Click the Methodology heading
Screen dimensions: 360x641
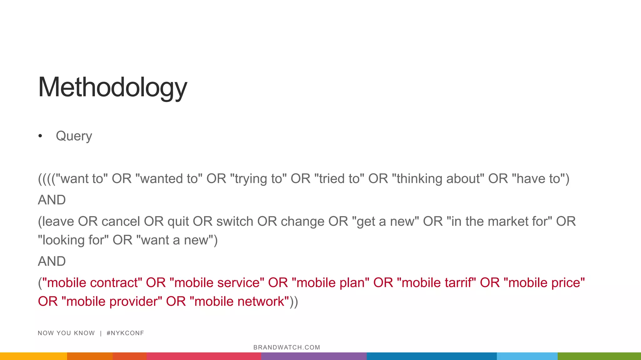coord(112,87)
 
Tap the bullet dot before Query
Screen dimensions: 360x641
coord(40,136)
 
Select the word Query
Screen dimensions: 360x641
coord(74,136)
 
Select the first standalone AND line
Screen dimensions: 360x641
coord(52,200)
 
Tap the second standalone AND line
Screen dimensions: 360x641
coord(52,261)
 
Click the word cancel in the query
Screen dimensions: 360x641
coord(121,221)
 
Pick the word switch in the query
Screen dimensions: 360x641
coord(235,221)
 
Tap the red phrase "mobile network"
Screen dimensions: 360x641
coord(239,302)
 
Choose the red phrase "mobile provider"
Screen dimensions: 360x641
coord(112,302)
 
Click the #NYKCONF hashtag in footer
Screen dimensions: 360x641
coord(125,333)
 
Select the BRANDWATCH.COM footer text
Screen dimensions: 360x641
coord(287,347)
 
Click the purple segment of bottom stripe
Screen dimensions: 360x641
coord(314,356)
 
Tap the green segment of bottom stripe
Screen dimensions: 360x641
coord(599,356)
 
